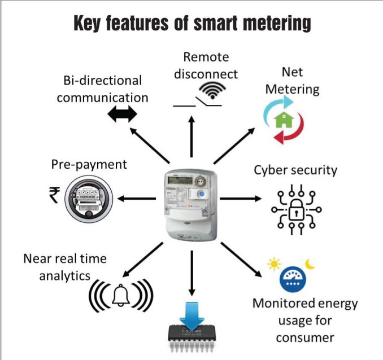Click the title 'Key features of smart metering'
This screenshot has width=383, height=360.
[x=192, y=23]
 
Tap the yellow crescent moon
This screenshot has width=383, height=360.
[x=309, y=263]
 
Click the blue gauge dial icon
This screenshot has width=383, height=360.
[x=292, y=279]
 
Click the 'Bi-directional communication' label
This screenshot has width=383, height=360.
[x=102, y=89]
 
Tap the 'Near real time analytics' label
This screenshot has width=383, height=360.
[x=65, y=267]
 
